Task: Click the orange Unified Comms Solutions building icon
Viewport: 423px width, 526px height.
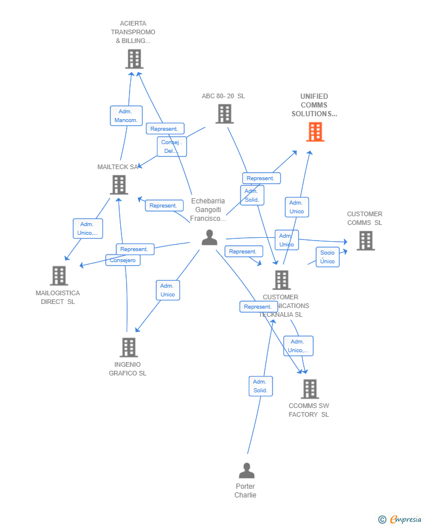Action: [x=315, y=132]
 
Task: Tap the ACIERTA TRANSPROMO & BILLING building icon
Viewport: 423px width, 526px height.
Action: [x=134, y=59]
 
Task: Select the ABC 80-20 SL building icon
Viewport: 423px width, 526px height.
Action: [x=224, y=114]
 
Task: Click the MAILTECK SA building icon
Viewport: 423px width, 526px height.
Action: [x=119, y=185]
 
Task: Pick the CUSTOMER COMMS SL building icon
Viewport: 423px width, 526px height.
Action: [x=365, y=241]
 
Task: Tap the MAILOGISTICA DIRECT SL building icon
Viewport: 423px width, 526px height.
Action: [x=59, y=275]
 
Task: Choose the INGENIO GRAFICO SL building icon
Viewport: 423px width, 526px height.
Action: [x=128, y=347]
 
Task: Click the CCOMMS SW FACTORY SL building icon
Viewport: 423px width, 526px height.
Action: [x=310, y=389]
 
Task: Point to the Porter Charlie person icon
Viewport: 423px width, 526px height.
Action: [x=246, y=470]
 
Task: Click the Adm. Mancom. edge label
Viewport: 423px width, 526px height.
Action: [x=126, y=116]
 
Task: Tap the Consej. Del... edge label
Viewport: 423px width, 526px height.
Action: [x=171, y=146]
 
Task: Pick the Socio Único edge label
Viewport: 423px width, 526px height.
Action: [x=328, y=257]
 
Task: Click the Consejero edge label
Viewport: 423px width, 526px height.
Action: [x=123, y=260]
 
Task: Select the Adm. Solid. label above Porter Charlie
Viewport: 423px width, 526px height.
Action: [x=260, y=386]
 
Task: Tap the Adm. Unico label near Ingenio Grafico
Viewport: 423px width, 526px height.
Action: [x=167, y=290]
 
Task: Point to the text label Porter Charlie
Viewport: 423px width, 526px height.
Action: [x=245, y=491]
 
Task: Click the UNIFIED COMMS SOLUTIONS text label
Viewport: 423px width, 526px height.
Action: [x=314, y=105]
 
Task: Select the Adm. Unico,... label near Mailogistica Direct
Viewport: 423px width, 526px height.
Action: [x=88, y=228]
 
